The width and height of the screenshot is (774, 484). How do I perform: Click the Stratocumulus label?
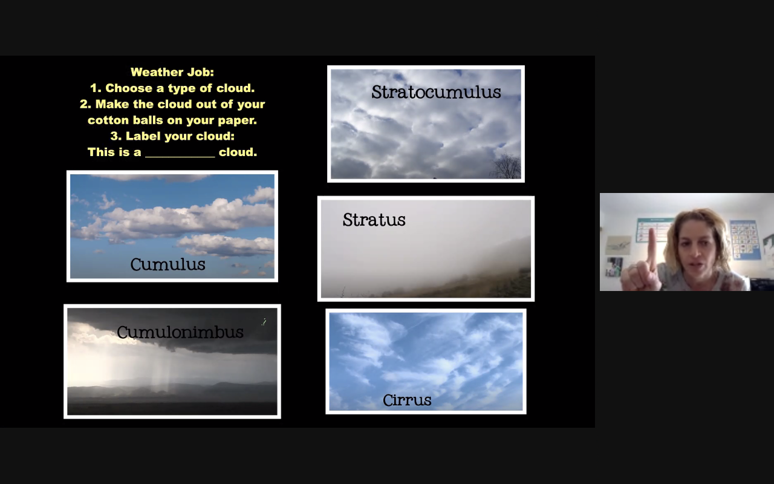click(436, 92)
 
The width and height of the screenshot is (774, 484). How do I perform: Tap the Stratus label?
click(374, 220)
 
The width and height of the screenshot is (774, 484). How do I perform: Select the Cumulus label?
click(167, 264)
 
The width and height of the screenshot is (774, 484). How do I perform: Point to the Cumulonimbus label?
click(180, 332)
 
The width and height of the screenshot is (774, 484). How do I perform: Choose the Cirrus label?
click(407, 400)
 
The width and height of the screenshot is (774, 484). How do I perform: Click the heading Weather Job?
click(172, 72)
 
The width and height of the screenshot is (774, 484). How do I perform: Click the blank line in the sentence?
click(180, 157)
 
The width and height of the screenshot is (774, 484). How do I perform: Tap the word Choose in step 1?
click(129, 88)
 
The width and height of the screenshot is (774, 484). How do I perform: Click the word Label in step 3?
click(143, 136)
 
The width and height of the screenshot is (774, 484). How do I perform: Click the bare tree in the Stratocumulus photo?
click(506, 166)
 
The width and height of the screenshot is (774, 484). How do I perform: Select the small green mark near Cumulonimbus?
click(264, 322)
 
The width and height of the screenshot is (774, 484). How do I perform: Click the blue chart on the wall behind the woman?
click(745, 239)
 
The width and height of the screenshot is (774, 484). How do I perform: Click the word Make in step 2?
click(109, 104)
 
